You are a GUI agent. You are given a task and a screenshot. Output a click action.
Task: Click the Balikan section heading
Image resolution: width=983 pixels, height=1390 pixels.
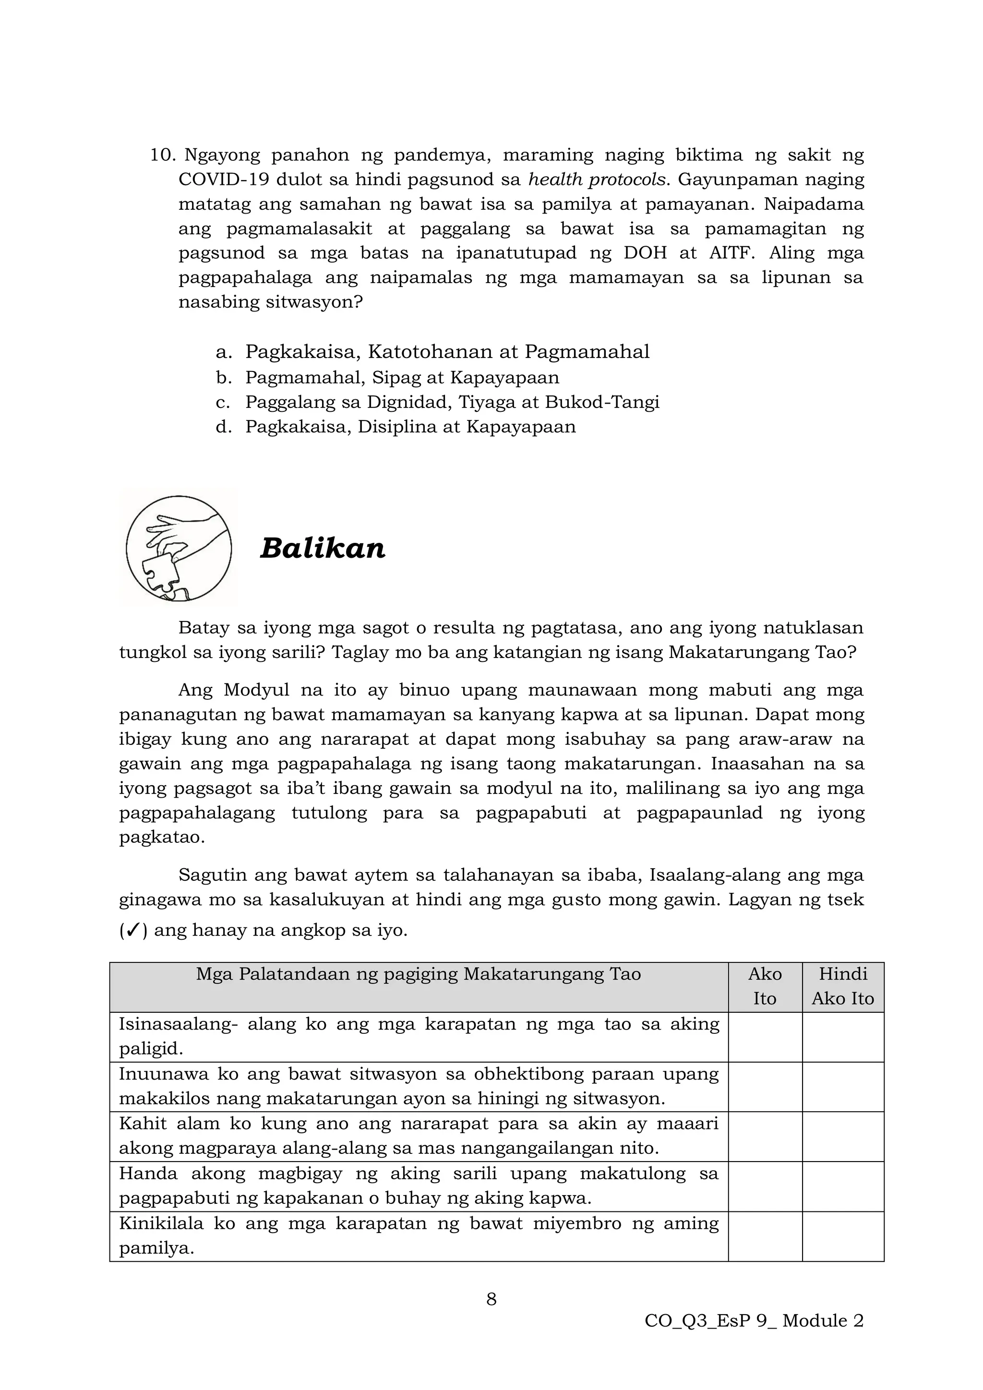coord(322,549)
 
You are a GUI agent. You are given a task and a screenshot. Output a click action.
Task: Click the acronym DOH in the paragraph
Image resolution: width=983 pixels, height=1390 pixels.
coord(645,253)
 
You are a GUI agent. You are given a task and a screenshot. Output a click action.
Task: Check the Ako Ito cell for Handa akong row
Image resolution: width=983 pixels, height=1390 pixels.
coord(765,1186)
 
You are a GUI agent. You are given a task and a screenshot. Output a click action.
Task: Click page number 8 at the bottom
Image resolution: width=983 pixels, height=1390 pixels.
coord(491,1299)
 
